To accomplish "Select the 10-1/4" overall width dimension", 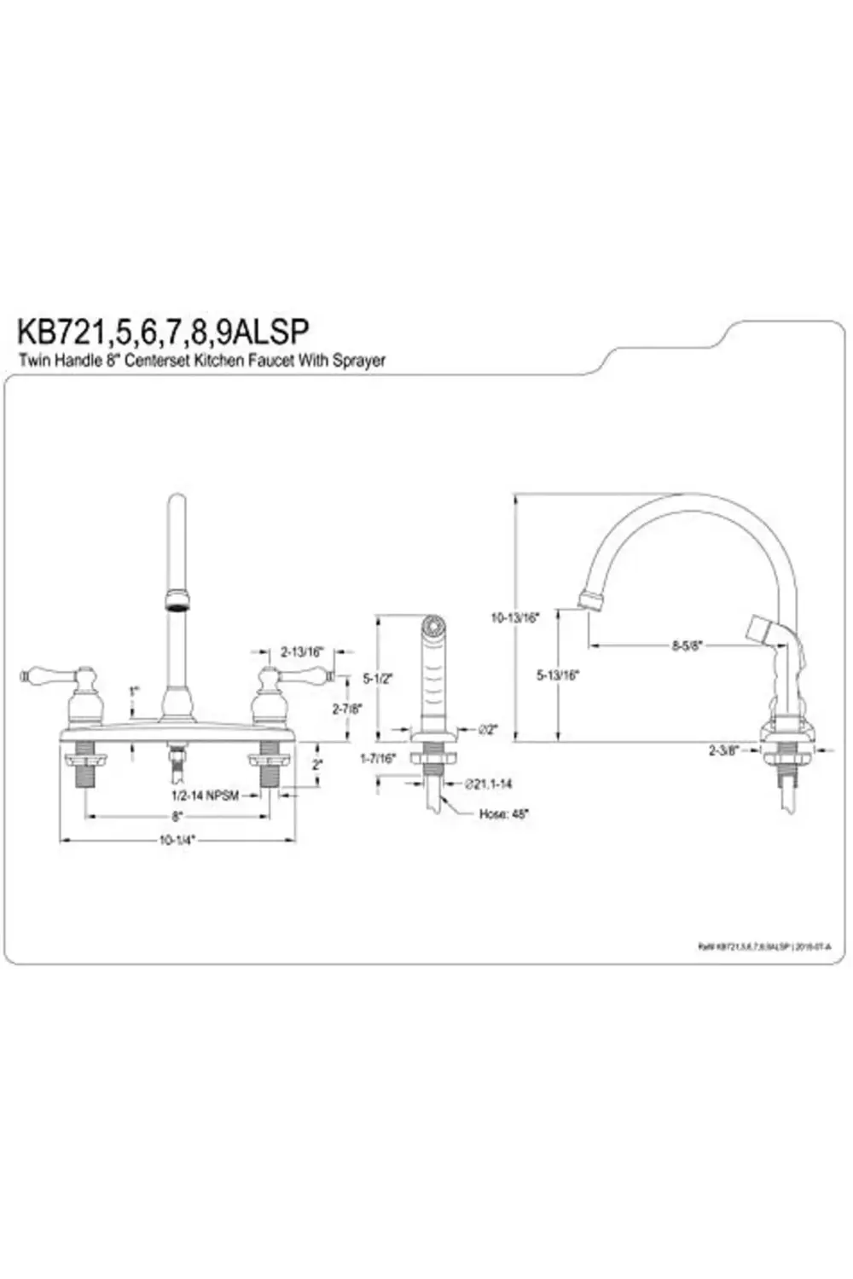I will (x=177, y=840).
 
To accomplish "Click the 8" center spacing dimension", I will (x=177, y=816).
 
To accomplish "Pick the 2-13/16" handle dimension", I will (x=302, y=651).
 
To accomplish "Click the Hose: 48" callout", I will (x=503, y=813).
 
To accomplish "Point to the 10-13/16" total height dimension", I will (x=517, y=618).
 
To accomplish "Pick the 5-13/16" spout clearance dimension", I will (x=558, y=674).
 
